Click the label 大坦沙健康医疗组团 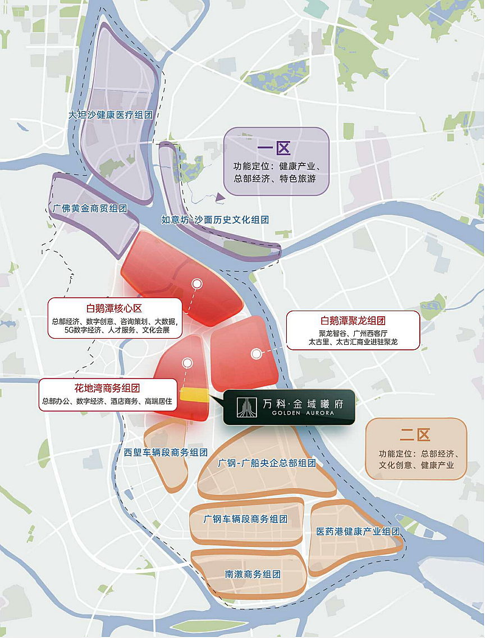pyautogui.click(x=110, y=115)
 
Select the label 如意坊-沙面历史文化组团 pyautogui.click(x=215, y=220)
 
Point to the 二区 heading pyautogui.click(x=415, y=435)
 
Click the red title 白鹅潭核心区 pyautogui.click(x=115, y=308)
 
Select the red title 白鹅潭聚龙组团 pyautogui.click(x=353, y=321)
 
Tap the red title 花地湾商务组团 pyautogui.click(x=107, y=388)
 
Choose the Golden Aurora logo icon pyautogui.click(x=245, y=407)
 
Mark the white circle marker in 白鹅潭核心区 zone pyautogui.click(x=197, y=284)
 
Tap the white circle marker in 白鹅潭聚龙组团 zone pyautogui.click(x=257, y=353)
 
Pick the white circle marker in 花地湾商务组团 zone pyautogui.click(x=187, y=363)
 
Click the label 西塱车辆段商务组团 pyautogui.click(x=166, y=452)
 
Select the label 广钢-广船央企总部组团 pyautogui.click(x=267, y=463)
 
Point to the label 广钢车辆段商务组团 pyautogui.click(x=245, y=519)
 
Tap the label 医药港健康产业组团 pyautogui.click(x=358, y=531)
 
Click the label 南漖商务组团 pyautogui.click(x=253, y=575)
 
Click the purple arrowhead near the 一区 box pyautogui.click(x=219, y=197)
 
